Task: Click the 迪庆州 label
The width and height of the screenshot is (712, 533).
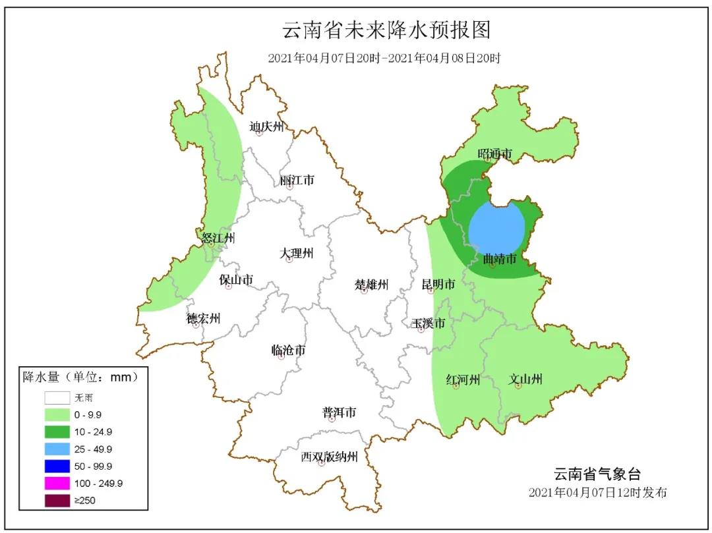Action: (x=266, y=126)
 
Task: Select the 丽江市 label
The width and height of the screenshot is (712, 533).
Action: (x=297, y=180)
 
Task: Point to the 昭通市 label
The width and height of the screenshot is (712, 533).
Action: (x=495, y=154)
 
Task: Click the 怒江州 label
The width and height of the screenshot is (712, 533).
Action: (x=218, y=238)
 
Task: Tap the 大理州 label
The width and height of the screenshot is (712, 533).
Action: (x=296, y=253)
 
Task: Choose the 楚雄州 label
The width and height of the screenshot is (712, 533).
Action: (x=372, y=285)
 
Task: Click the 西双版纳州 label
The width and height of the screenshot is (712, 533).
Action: (x=329, y=457)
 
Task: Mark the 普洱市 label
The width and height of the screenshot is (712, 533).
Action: (x=339, y=412)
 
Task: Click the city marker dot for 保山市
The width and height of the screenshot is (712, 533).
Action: (x=229, y=287)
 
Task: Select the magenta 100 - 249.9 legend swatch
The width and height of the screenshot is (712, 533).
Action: (x=57, y=483)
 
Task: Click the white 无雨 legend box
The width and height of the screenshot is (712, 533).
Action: (x=57, y=398)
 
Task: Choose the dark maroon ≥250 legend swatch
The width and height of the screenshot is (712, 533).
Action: (x=57, y=500)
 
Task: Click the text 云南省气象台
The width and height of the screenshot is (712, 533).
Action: (x=596, y=474)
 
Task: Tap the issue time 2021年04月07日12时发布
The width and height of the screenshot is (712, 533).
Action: (x=598, y=493)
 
